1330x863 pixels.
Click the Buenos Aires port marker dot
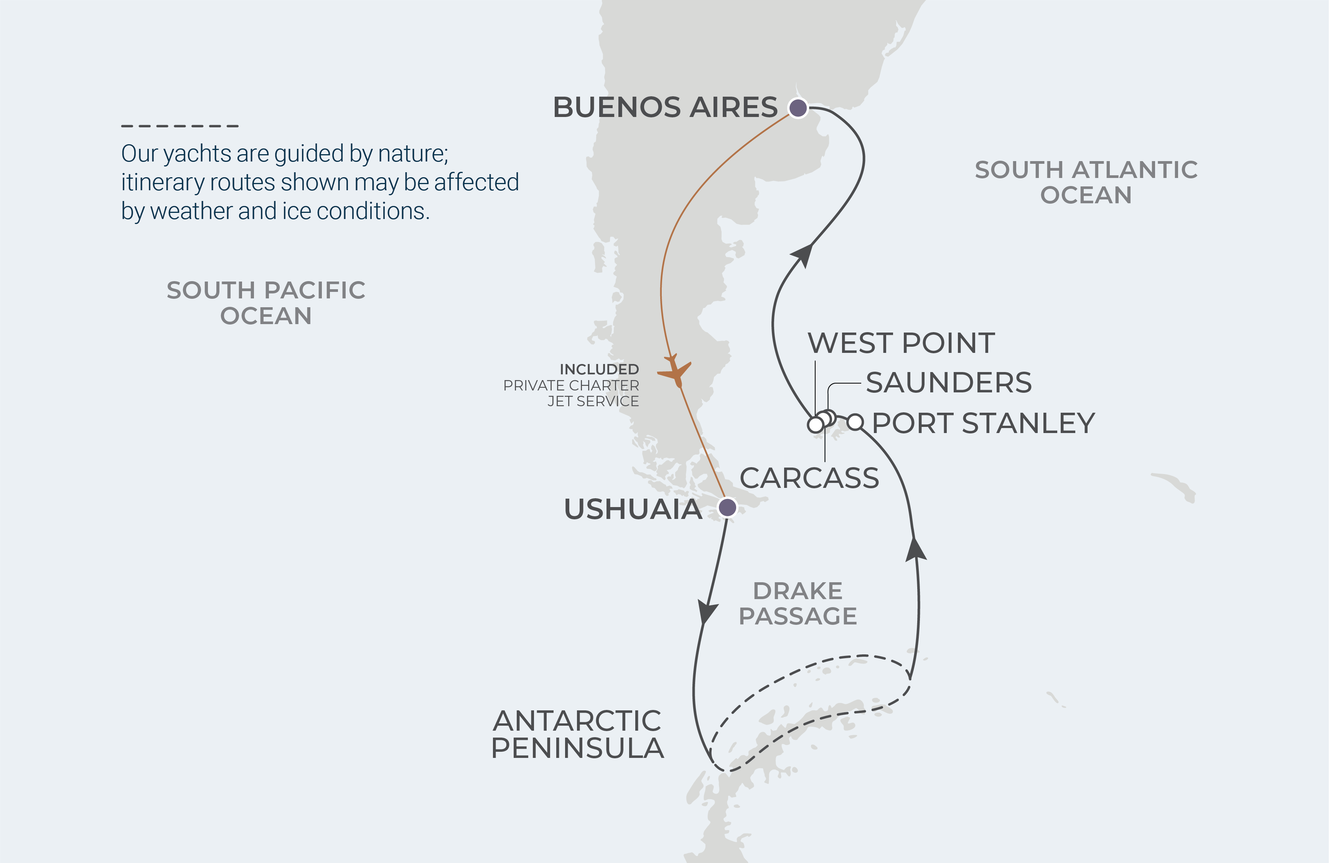click(798, 107)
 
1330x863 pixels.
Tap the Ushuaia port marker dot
click(727, 507)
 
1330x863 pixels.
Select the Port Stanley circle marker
click(855, 422)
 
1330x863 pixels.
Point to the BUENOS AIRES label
click(665, 107)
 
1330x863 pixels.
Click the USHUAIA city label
click(633, 509)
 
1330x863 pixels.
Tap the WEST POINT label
click(901, 343)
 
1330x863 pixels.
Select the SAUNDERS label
click(948, 383)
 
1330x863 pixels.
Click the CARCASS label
click(809, 478)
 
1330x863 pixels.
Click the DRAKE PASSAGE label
click(798, 603)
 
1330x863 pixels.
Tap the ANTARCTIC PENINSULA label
click(577, 734)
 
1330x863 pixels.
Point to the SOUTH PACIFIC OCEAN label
click(266, 303)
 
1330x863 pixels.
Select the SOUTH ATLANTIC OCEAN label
click(1086, 182)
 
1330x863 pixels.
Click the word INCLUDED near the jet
click(599, 369)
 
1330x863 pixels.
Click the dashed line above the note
click(180, 126)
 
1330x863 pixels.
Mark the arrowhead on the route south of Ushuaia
click(707, 612)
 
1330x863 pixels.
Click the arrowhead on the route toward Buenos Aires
click(803, 255)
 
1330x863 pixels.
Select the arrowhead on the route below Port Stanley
click(915, 549)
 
